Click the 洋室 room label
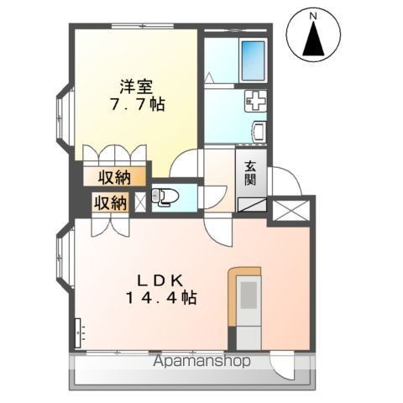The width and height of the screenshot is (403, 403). [134, 85]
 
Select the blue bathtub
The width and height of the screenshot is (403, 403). [253, 56]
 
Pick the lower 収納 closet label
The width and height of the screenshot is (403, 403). [110, 202]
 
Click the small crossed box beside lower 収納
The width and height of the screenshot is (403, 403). [139, 201]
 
